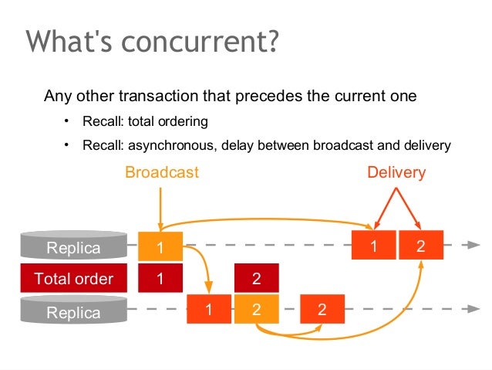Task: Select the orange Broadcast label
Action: coord(162,172)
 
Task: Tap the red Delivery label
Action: coord(396,172)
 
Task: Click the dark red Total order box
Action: coord(73,279)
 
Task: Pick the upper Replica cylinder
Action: coord(73,246)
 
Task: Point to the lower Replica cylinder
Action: coord(73,311)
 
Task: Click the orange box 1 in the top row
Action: coord(160,247)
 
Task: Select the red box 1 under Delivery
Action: coord(374,246)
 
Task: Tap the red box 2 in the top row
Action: coord(420,246)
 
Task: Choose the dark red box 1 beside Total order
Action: coord(160,279)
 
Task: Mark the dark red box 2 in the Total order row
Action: coord(256,279)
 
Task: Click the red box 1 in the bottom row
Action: coord(209,310)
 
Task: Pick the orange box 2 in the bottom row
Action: coord(256,310)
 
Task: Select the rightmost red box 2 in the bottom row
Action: coord(322,310)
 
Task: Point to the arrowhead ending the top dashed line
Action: coord(473,245)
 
